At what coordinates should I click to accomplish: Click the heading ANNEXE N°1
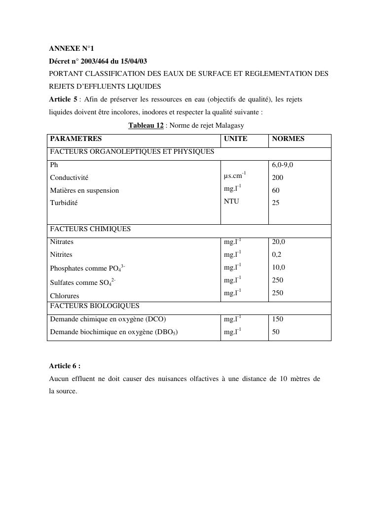pyautogui.click(x=71, y=48)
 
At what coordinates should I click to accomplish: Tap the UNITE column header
pyautogui.click(x=235, y=139)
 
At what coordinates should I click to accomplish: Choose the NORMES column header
pyautogui.click(x=288, y=139)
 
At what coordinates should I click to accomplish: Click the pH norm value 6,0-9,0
pyautogui.click(x=286, y=165)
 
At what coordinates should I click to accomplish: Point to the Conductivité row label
pyautogui.click(x=69, y=177)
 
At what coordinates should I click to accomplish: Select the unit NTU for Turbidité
pyautogui.click(x=231, y=201)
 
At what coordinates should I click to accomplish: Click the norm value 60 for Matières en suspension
pyautogui.click(x=276, y=190)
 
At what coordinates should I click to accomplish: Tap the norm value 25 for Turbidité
pyautogui.click(x=276, y=203)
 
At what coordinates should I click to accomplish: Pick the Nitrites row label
pyautogui.click(x=61, y=255)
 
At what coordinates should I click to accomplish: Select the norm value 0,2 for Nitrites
pyautogui.click(x=277, y=255)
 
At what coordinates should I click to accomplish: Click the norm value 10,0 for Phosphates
pyautogui.click(x=278, y=268)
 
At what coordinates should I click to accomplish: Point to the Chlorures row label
pyautogui.click(x=65, y=296)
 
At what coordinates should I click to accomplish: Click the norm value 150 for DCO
pyautogui.click(x=277, y=319)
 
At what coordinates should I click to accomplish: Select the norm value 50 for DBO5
pyautogui.click(x=276, y=332)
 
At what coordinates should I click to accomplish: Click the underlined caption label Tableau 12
pyautogui.click(x=146, y=126)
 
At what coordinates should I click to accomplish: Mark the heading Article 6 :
pyautogui.click(x=65, y=366)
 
